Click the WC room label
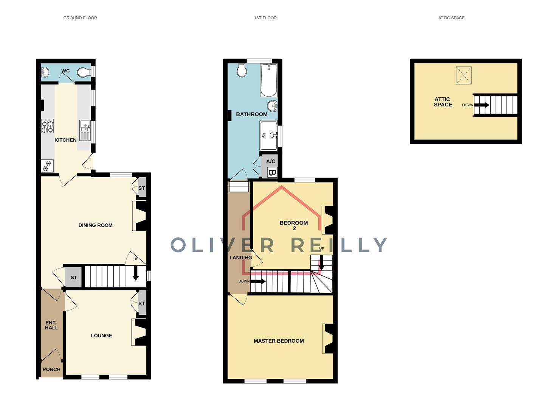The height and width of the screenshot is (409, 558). tap(65, 71)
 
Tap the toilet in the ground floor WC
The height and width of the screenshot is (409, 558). tap(83, 72)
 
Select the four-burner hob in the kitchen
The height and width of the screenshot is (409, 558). tap(47, 126)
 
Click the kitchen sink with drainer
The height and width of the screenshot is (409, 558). tap(85, 130)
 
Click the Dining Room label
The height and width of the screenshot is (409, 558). tap(95, 225)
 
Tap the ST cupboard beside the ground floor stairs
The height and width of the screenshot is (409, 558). tap(73, 278)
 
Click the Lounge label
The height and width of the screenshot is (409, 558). tap(101, 336)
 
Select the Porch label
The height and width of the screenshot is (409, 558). tap(51, 370)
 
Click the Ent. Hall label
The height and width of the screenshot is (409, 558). tap(51, 325)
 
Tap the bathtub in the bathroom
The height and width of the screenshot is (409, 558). tap(269, 80)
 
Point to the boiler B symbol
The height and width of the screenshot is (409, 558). tap(272, 173)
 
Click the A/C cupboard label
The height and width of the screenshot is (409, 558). tap(271, 161)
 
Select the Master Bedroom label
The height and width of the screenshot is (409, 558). tap(279, 341)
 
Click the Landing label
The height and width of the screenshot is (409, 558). tap(240, 258)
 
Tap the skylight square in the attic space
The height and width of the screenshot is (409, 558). tap(464, 75)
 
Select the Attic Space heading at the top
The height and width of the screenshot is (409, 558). tap(451, 18)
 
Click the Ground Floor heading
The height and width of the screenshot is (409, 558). tap(80, 18)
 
